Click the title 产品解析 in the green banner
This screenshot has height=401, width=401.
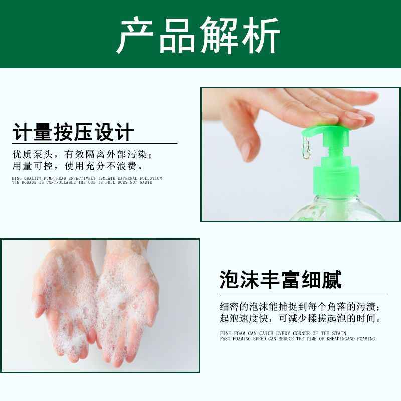(198, 35)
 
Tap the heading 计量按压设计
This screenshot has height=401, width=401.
(73, 132)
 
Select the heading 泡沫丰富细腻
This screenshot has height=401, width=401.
(281, 280)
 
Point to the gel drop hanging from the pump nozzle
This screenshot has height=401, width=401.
(306, 148)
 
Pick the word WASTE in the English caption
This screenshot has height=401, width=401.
(146, 182)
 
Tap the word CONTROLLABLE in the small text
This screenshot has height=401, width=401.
(61, 182)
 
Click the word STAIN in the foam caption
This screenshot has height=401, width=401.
(339, 333)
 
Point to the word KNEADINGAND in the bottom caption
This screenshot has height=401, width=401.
(341, 339)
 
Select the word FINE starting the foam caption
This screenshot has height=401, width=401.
(225, 333)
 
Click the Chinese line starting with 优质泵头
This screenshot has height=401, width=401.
(83, 154)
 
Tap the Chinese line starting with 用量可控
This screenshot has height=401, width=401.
(78, 166)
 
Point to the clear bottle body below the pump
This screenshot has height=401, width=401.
(337, 209)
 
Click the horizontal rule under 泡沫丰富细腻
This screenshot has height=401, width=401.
(302, 294)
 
